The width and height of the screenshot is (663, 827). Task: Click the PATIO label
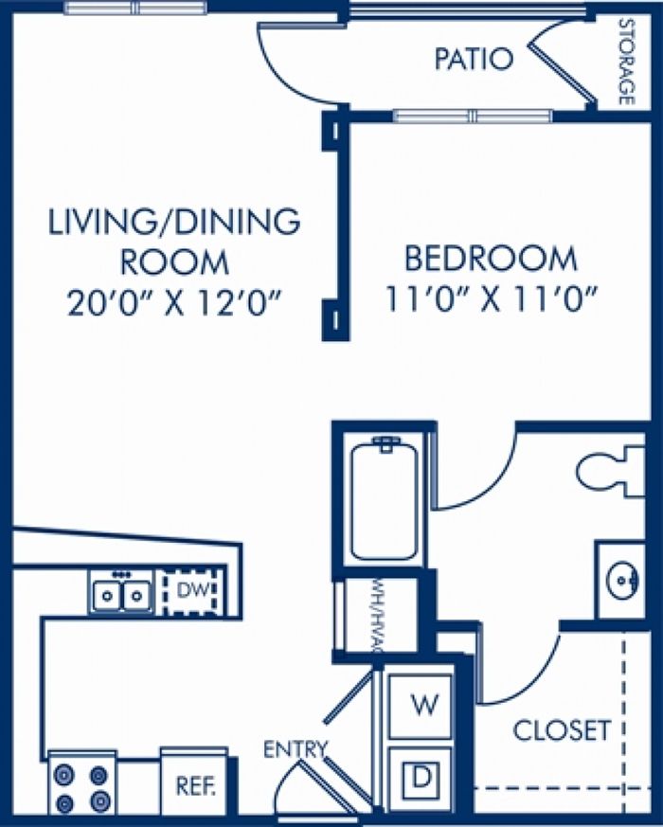click(474, 59)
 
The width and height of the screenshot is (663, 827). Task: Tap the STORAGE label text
click(626, 62)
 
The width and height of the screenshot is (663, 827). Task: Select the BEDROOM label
click(491, 259)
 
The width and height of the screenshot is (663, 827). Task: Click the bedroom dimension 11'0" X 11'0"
click(493, 299)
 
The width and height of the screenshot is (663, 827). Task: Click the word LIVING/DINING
click(174, 222)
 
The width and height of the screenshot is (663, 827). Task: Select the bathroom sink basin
click(622, 580)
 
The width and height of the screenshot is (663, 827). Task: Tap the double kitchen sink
click(122, 594)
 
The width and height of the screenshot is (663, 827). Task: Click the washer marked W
click(421, 705)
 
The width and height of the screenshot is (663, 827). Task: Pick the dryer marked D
click(421, 779)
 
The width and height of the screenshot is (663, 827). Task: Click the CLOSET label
click(562, 730)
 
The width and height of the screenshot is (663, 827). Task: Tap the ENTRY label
click(296, 749)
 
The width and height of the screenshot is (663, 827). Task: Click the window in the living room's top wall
click(135, 8)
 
